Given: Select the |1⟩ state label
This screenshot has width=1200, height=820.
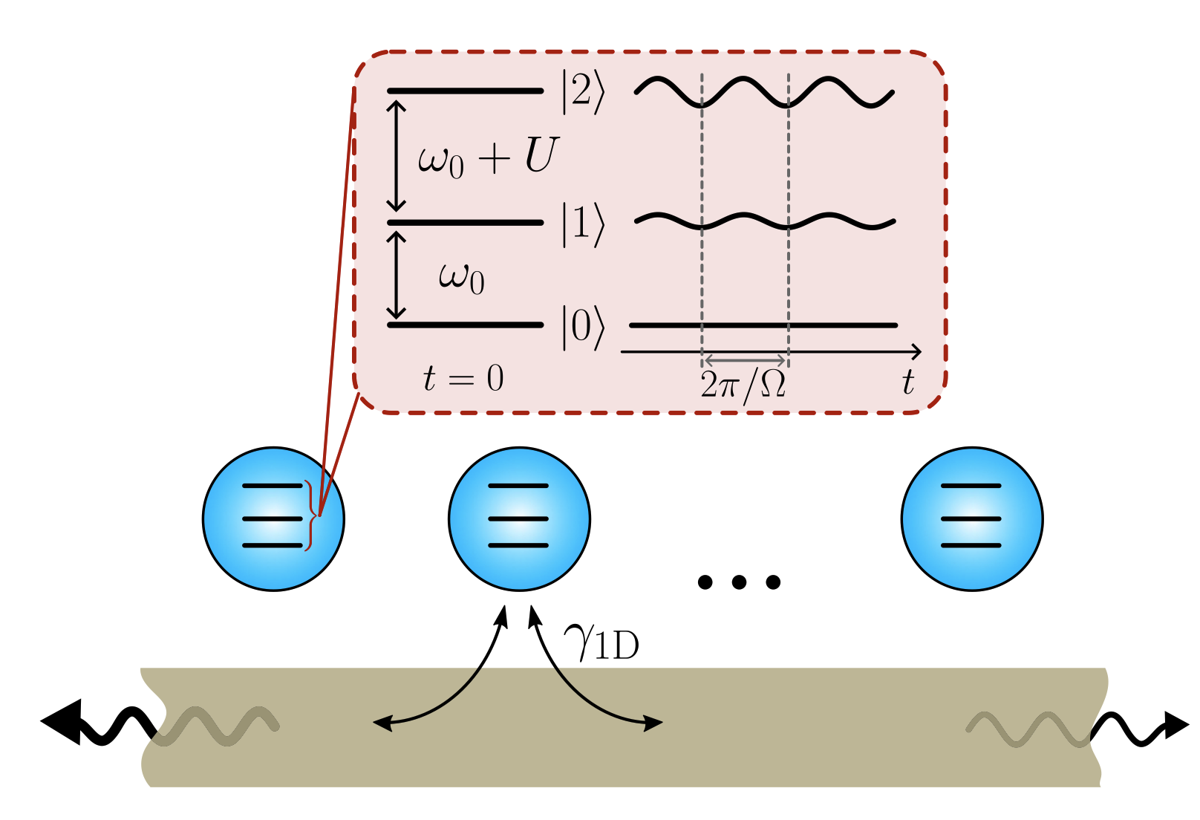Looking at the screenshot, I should pos(583,224).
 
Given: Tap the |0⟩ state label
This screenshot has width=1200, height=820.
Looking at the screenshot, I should pos(583,327).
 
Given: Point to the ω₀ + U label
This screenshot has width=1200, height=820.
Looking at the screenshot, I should pos(487,157).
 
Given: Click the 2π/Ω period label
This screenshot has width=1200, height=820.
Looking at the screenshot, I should pos(743,384).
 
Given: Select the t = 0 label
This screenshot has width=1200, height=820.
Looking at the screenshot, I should pos(463,378).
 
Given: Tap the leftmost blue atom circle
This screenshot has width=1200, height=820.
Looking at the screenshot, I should pos(273,518).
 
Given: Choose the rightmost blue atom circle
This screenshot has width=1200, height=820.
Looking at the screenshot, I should pos(972,518).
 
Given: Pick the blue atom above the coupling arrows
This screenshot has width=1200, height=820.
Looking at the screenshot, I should pos(519,518).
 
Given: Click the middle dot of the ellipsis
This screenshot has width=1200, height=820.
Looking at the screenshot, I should pos(739,582).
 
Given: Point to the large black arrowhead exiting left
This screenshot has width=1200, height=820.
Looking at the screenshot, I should pos(61,720).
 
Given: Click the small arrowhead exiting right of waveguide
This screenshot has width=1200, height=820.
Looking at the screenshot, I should pos(1176,724).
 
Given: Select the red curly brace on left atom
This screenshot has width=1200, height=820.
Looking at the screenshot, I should pos(310,515).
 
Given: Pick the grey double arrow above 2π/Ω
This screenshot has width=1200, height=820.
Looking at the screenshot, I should pos(745,360).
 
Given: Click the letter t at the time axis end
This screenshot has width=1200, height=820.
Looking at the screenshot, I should pos(907,383).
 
